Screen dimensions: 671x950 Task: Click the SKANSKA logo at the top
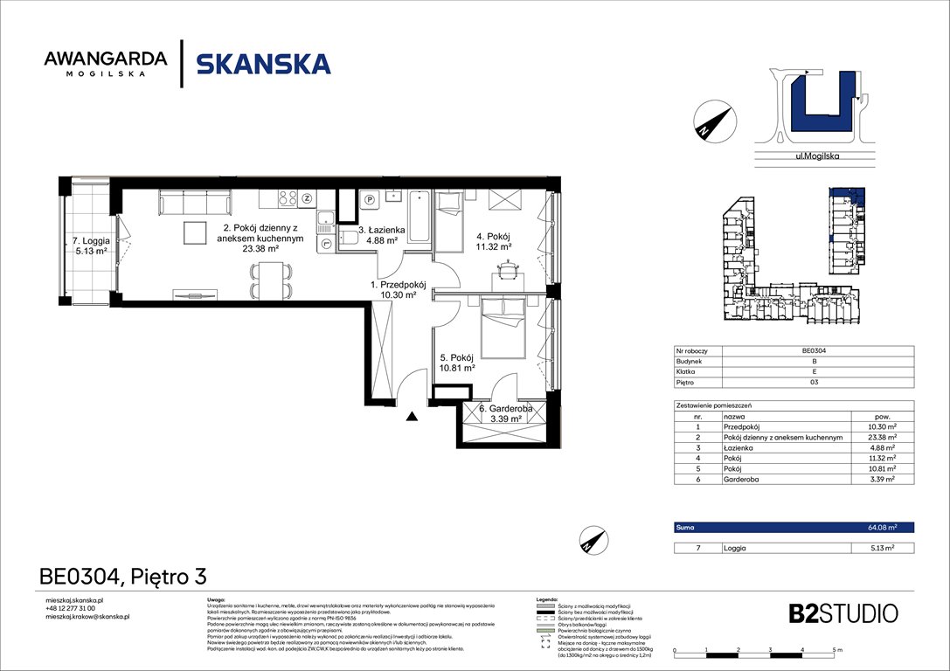(x=263, y=64)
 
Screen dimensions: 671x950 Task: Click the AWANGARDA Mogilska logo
(x=105, y=64)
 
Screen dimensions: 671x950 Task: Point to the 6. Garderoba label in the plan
(x=501, y=413)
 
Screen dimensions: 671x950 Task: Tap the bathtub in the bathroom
(x=420, y=216)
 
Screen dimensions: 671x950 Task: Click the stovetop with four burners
(x=289, y=198)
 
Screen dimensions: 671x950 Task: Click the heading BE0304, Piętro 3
(x=123, y=576)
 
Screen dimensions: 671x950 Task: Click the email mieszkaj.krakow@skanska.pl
(x=87, y=616)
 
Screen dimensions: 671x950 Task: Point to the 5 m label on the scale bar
(x=837, y=651)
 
